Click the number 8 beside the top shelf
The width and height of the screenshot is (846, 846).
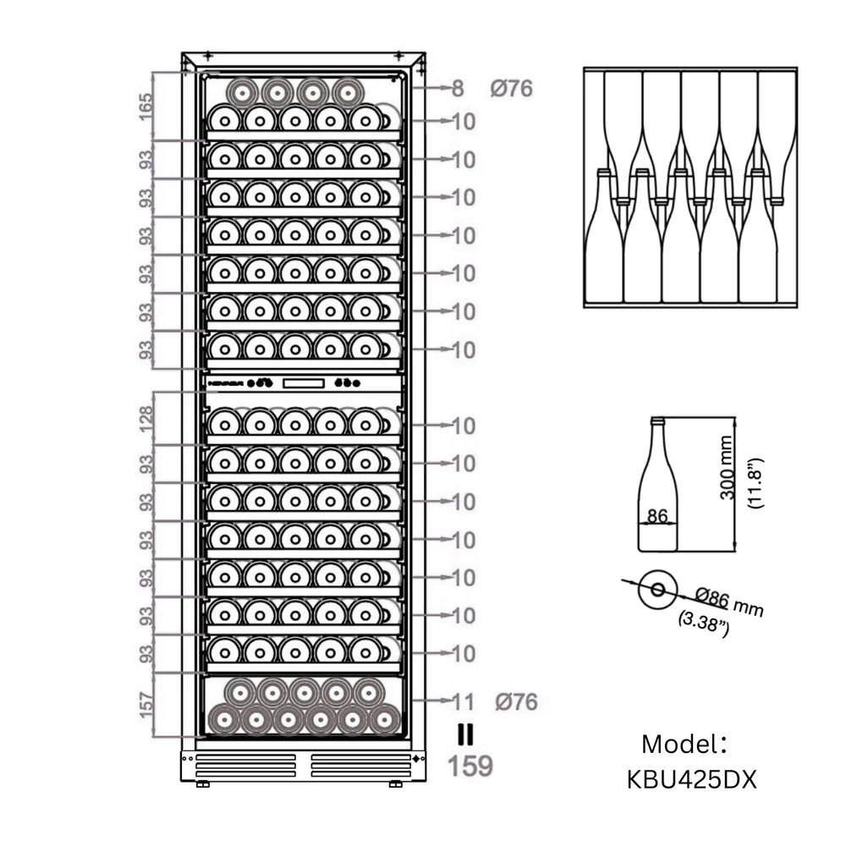(x=458, y=88)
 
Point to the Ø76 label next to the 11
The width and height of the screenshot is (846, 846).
(x=517, y=701)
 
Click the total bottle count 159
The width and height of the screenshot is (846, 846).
(x=470, y=766)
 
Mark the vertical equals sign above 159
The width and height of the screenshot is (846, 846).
(x=465, y=734)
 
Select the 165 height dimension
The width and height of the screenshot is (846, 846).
(x=146, y=107)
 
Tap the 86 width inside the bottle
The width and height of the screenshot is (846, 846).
(x=657, y=515)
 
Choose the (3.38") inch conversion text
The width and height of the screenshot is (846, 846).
(x=704, y=624)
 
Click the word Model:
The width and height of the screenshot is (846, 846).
(x=684, y=744)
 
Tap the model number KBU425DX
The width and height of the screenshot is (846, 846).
(x=691, y=778)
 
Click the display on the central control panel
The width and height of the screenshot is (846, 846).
(x=304, y=383)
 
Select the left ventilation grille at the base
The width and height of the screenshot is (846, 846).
(x=245, y=765)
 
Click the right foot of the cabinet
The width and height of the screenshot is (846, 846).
(x=395, y=784)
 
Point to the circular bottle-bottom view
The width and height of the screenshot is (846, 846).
(x=656, y=589)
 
